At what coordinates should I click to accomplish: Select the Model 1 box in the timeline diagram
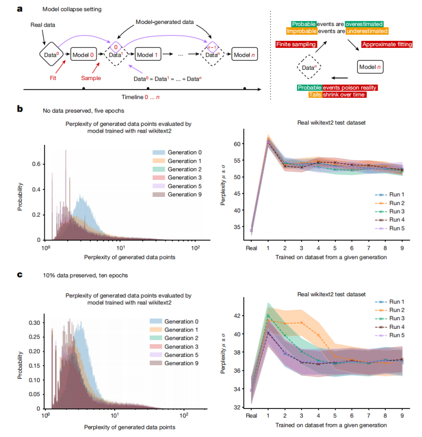(x=148, y=53)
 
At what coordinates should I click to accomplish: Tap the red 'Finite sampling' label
(x=296, y=45)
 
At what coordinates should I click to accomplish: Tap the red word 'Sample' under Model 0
(x=91, y=79)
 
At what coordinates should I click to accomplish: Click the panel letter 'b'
(x=19, y=109)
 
